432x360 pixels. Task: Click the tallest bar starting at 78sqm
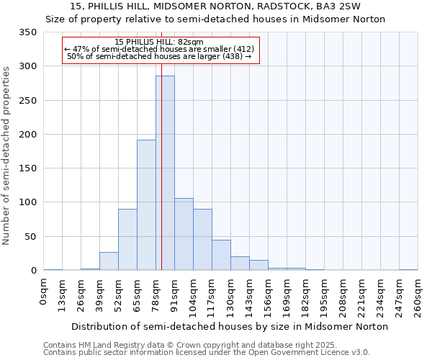point(165,173)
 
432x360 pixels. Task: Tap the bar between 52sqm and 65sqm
point(127,240)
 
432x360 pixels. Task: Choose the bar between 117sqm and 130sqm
point(221,255)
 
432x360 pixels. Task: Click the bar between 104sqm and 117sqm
point(202,240)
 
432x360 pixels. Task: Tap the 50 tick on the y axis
point(31,236)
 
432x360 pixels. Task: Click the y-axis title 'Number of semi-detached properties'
point(6,155)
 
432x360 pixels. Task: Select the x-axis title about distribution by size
point(230,326)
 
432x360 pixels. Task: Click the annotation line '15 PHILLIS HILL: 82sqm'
point(159,42)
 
